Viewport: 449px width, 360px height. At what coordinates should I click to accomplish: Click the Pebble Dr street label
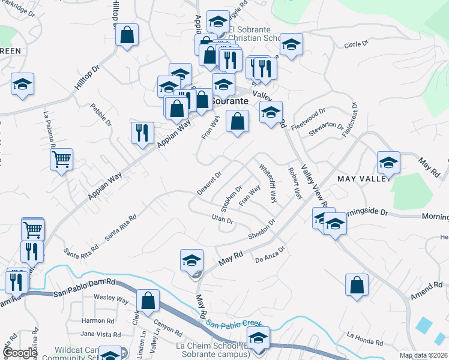click(101, 115)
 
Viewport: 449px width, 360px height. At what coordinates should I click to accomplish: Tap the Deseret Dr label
click(209, 183)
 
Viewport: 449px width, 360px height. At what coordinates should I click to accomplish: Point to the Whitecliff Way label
click(267, 183)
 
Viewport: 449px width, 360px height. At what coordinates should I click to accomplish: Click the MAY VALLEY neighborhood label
click(364, 179)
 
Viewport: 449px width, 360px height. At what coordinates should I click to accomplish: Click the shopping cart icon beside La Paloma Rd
click(61, 160)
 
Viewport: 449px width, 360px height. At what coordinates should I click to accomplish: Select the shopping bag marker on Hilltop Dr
click(127, 35)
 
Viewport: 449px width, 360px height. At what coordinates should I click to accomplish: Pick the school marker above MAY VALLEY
click(388, 161)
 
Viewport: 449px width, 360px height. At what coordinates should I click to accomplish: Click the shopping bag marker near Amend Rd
click(357, 284)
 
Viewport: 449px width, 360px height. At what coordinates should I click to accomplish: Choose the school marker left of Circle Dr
click(291, 44)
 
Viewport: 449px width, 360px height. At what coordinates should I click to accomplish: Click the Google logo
click(20, 353)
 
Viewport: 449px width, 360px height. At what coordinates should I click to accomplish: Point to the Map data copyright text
click(423, 355)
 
